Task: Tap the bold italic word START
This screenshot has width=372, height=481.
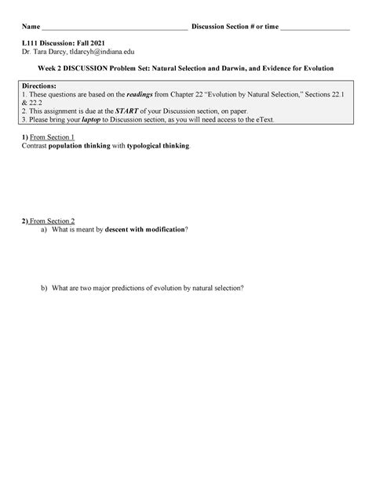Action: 126,112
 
